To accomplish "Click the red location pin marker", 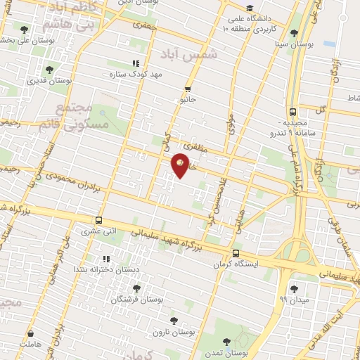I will pos(181,165).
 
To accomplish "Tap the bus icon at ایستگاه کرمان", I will pos(236,255).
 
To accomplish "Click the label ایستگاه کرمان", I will pos(236,265).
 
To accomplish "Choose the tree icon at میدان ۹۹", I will pos(294,288).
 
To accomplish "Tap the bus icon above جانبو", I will pos(187,89).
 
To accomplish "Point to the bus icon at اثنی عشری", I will pos(98,220).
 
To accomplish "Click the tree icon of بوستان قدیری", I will pos(49,70).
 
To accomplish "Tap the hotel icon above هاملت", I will pos(30,334).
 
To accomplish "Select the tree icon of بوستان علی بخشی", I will pos(25,30).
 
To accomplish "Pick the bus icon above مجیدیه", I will pos(292,112).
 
